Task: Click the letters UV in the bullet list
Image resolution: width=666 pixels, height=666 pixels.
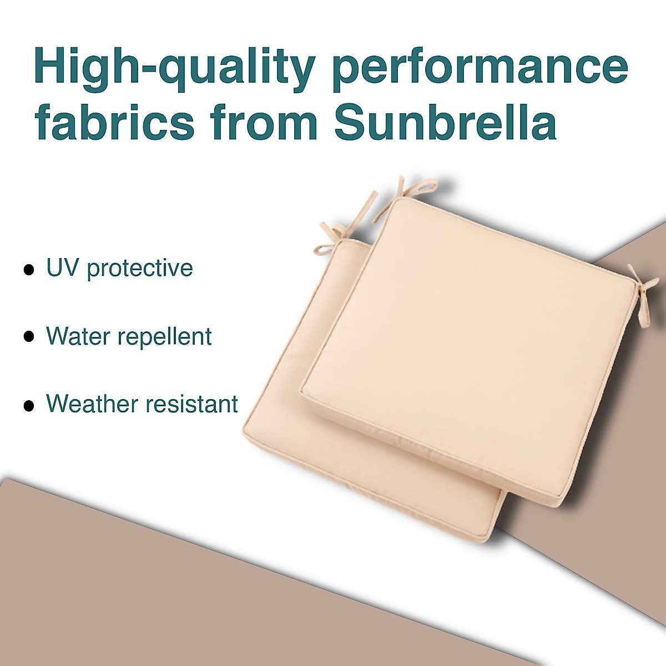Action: [x=60, y=269]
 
